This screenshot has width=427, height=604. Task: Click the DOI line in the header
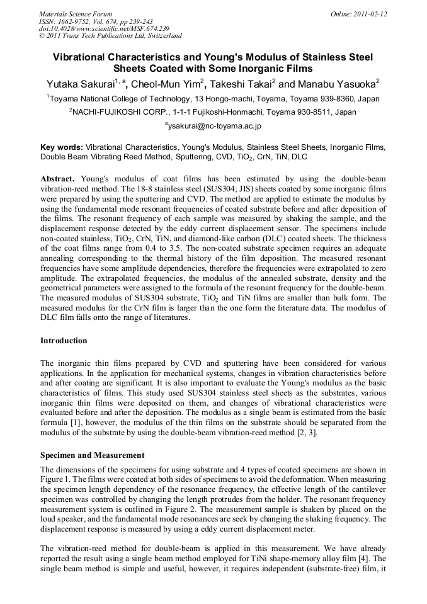coord(103,28)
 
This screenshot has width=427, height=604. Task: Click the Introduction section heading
coord(64,341)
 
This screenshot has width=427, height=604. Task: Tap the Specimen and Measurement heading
coord(92,455)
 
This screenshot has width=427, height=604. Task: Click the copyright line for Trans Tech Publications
coord(110,36)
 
